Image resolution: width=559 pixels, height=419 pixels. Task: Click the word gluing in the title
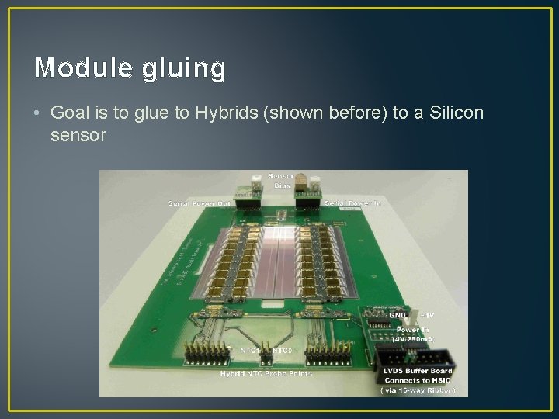183,70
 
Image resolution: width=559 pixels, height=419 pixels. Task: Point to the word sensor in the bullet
77,136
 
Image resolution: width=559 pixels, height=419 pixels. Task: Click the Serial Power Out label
200,203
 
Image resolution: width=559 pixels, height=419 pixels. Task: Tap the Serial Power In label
349,203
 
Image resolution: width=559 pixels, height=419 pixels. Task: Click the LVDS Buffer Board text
417,371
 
